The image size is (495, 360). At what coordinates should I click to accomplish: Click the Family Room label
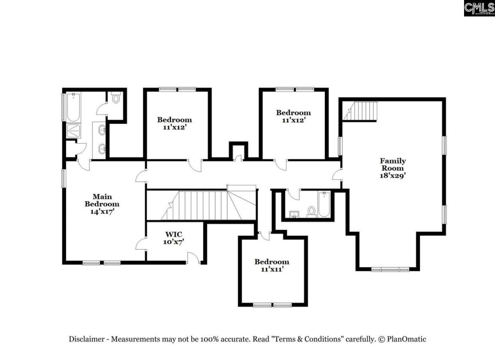point(393,167)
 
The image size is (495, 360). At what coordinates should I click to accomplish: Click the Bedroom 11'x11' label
point(271,265)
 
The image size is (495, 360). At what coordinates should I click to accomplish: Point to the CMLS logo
point(479,8)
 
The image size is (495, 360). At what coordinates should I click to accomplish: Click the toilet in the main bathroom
point(116,99)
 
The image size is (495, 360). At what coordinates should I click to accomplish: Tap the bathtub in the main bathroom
point(73,107)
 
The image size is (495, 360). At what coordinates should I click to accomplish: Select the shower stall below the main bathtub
point(73,131)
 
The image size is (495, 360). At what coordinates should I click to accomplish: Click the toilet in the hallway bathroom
point(311,211)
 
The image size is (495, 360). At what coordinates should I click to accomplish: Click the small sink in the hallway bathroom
point(294,214)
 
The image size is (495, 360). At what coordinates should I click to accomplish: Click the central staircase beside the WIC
point(205,205)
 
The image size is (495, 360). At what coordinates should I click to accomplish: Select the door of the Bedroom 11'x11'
point(265,236)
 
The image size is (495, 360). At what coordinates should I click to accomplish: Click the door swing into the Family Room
point(337,175)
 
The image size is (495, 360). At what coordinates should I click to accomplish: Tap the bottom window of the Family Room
point(390,269)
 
